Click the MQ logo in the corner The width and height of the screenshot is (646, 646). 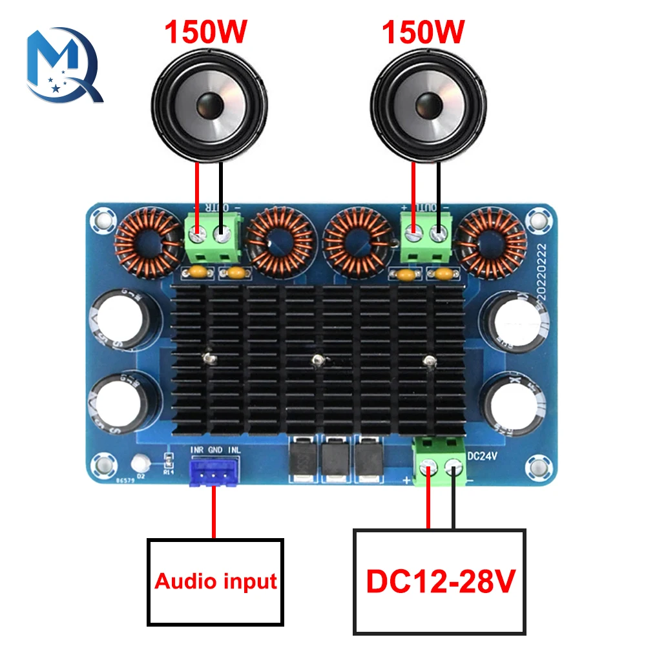[x=63, y=64]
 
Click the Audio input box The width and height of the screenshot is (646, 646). [x=215, y=581]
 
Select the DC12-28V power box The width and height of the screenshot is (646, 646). [x=439, y=581]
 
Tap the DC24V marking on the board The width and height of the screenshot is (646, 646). [x=481, y=453]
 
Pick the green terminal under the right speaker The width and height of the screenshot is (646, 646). [x=426, y=235]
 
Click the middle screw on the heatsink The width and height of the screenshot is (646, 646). [x=317, y=359]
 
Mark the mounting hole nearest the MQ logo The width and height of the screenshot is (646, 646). [x=100, y=221]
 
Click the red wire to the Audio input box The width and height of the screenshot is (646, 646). [x=213, y=517]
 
